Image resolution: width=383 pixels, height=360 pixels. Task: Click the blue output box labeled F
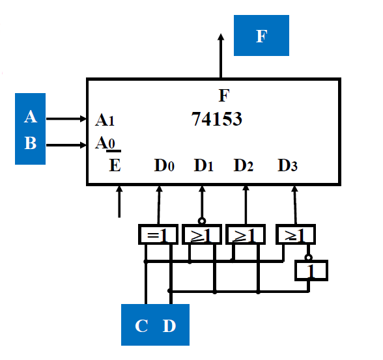(x=261, y=36)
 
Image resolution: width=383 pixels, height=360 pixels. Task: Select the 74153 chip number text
(x=217, y=119)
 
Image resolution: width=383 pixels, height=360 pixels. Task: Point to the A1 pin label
(x=105, y=120)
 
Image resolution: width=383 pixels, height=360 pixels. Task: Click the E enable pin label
(x=115, y=165)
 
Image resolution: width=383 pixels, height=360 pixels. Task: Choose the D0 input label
(x=163, y=165)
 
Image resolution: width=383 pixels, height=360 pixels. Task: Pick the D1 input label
(x=203, y=165)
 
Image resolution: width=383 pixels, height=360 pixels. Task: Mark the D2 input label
(x=244, y=165)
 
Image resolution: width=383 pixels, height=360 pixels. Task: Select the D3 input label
(x=287, y=165)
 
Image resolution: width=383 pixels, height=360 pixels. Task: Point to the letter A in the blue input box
(x=31, y=117)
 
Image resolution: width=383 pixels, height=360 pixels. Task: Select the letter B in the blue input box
(x=31, y=143)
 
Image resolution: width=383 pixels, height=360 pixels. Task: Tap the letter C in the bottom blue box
(x=141, y=326)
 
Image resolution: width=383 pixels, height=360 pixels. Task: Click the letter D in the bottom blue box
(x=169, y=326)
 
